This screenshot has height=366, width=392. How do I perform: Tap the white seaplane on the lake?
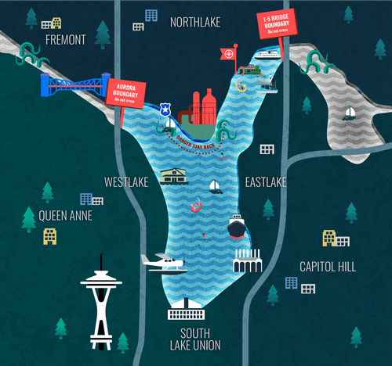pyautogui.click(x=165, y=263)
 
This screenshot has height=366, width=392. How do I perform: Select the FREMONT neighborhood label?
pyautogui.click(x=66, y=39)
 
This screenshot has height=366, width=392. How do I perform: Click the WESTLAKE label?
pyautogui.click(x=126, y=182)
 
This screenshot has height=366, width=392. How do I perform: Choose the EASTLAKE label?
pyautogui.click(x=265, y=182)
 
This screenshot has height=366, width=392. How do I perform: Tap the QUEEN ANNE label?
pyautogui.click(x=66, y=214)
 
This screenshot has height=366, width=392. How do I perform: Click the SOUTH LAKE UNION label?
pyautogui.click(x=194, y=339)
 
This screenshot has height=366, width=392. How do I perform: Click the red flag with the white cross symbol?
pyautogui.click(x=228, y=54)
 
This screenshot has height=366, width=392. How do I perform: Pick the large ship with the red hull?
pyautogui.click(x=237, y=228)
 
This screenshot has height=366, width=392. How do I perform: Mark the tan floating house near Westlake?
pyautogui.click(x=173, y=176)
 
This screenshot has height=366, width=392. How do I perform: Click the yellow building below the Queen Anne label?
pyautogui.click(x=49, y=235)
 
